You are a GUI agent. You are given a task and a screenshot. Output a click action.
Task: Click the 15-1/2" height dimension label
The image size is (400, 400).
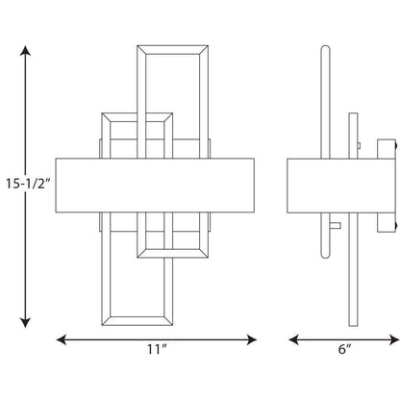pos(28,184)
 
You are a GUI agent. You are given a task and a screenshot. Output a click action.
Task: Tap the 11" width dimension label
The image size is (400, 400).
pos(157,349)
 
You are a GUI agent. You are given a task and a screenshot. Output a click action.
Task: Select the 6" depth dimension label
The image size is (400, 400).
pos(344,349)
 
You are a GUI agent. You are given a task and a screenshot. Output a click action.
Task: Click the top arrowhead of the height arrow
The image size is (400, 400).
pos(25,51)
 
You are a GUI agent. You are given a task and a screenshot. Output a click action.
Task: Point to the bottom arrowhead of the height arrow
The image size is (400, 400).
pos(25,322)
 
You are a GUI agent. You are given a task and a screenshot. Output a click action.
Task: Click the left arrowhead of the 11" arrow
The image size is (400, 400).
pos(62,339)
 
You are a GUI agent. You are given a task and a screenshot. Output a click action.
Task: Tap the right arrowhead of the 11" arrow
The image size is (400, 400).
pos(252,339)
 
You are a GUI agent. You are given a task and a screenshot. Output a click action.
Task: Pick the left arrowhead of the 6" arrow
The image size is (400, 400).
pos(293,339)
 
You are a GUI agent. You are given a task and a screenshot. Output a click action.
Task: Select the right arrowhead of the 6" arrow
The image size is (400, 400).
pos(394,339)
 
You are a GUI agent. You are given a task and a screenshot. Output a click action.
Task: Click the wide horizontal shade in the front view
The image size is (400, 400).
pos(155,186)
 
